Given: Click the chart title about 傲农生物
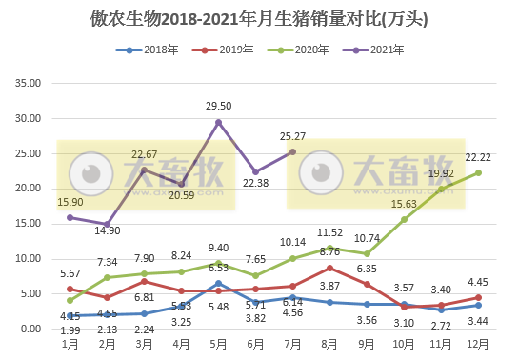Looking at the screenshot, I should (x=259, y=17).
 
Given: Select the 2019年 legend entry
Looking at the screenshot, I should (x=234, y=50).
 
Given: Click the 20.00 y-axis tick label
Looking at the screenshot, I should (x=30, y=189).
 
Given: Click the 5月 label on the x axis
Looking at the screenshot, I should (x=219, y=343).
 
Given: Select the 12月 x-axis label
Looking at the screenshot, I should (x=478, y=343).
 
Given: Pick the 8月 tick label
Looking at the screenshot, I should (x=329, y=343).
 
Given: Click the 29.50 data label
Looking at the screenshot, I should (x=219, y=107).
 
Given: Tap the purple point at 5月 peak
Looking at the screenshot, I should (x=219, y=122).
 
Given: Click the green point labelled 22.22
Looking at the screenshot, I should (x=478, y=172).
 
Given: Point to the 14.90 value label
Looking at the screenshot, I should (x=107, y=230).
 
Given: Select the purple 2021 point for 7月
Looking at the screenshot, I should (x=292, y=151).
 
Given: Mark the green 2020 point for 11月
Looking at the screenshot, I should (x=441, y=189).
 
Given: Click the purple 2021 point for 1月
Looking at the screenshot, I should (x=70, y=217).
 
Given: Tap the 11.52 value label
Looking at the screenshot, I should (x=329, y=232).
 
